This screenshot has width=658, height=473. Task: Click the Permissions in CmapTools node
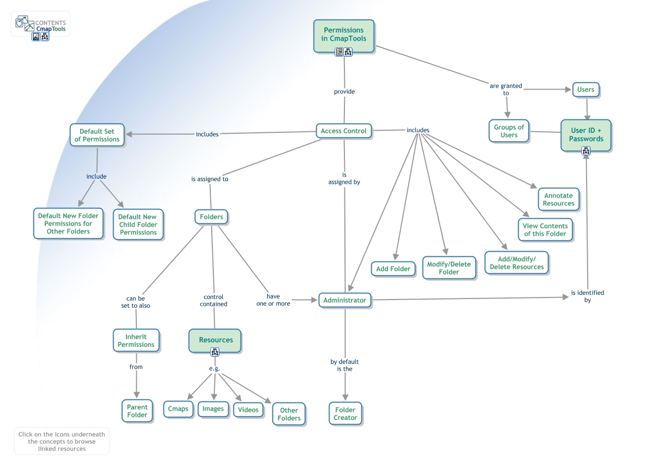point(343,34)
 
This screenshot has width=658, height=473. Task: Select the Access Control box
point(343,131)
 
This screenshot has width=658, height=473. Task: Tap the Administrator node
point(344,300)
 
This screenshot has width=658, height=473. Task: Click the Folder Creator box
point(345,414)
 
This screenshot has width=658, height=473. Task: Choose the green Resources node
point(215,340)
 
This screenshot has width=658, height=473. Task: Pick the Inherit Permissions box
point(136,341)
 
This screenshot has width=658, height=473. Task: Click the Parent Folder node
point(137,411)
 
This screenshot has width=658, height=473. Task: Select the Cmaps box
point(178,409)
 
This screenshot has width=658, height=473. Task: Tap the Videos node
point(248,410)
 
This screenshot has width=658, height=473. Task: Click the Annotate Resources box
point(558,199)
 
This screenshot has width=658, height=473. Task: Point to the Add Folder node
point(393,269)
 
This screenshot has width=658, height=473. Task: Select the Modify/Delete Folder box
point(449,268)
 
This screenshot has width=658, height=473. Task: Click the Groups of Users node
point(508,131)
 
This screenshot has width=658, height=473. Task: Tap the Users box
point(586,90)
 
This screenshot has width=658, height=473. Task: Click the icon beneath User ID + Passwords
point(586,151)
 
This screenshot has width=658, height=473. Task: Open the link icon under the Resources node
point(215,352)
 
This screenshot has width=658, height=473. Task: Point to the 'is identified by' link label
point(588,296)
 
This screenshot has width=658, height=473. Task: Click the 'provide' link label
point(344,92)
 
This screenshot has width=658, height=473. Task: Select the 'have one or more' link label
point(273,300)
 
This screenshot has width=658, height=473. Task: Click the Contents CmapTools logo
point(41,24)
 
